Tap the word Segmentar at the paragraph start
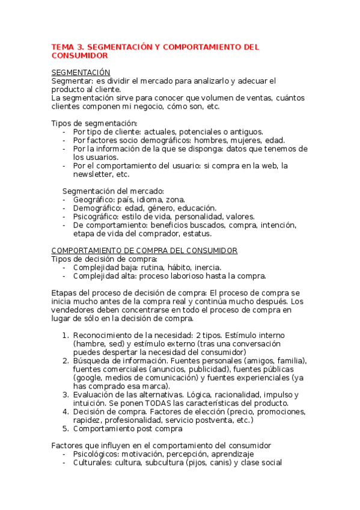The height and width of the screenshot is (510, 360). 71,81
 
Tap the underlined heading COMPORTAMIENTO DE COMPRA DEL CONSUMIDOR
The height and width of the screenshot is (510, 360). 144,250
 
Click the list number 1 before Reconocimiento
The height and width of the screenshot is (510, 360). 65,335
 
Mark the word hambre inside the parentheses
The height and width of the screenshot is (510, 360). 91,343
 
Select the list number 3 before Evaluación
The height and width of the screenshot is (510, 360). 65,395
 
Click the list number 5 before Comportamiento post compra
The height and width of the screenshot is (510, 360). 65,429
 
